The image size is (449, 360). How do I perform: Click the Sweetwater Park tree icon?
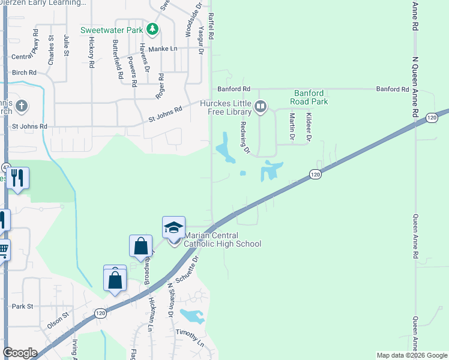153,29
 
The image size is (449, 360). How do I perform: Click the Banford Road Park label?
310,97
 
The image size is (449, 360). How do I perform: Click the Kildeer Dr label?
309,127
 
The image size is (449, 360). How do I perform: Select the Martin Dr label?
292,127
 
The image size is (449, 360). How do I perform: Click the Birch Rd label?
24,73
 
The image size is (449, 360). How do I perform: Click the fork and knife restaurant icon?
17,178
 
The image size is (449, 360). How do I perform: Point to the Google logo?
20,353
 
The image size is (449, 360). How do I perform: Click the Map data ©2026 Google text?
411,355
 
